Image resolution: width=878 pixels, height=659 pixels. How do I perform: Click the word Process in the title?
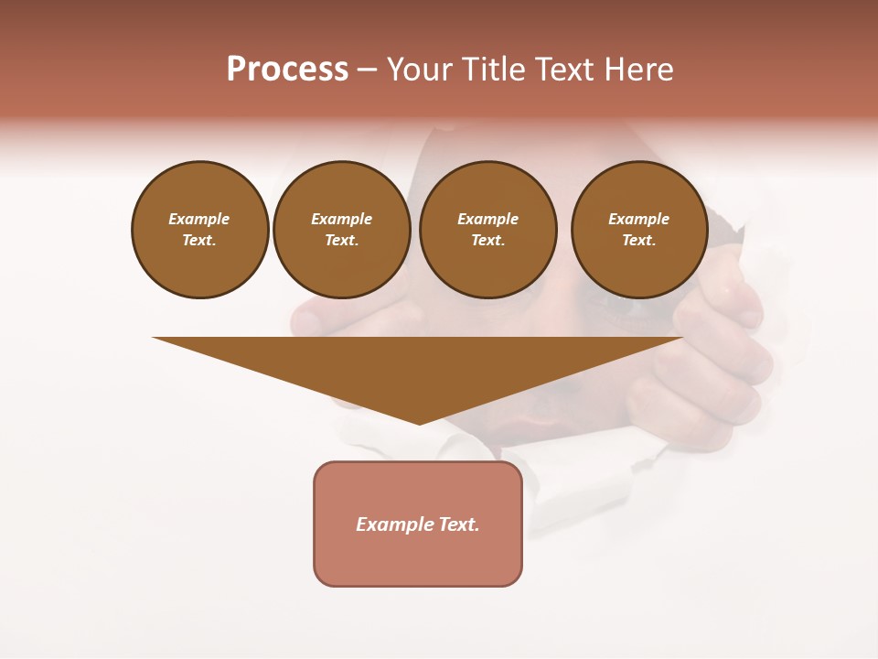(287, 70)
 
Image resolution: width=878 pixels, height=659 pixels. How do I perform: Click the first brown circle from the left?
(200, 230)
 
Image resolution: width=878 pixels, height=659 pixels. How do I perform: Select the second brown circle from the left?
(342, 230)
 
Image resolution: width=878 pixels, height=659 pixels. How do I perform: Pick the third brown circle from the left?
(487, 230)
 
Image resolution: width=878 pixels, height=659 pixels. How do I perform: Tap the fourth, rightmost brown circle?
(639, 230)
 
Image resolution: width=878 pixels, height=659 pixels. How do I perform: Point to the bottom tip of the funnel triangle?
(419, 423)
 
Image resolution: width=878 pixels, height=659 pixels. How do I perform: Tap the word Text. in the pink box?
(458, 524)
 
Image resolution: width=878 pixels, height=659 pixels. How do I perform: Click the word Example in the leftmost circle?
(199, 219)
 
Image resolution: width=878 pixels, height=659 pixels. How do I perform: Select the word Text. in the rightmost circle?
(639, 241)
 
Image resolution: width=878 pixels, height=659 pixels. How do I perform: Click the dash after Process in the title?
(367, 70)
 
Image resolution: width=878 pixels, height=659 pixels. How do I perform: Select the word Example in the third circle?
(487, 219)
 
